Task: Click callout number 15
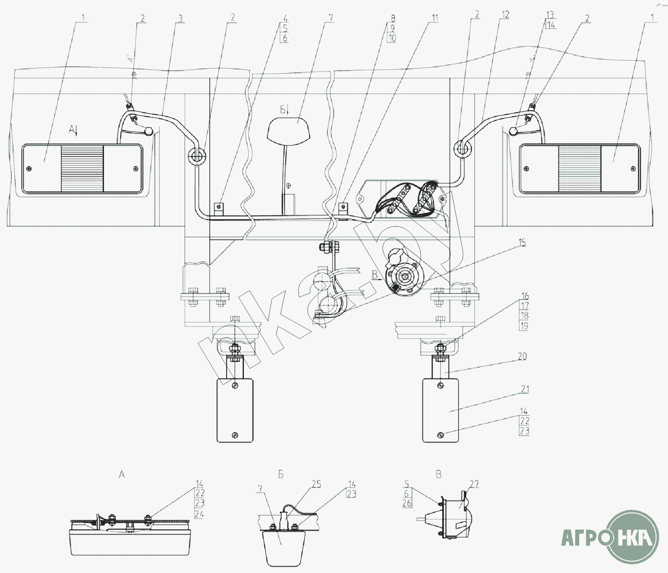[x=522, y=243]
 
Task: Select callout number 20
[x=522, y=356]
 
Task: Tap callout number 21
[x=525, y=389]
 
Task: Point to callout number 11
[x=435, y=18]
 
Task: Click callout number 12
[x=505, y=14]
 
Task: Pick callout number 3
[x=181, y=18]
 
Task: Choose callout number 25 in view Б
[x=316, y=484]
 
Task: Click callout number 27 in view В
[x=474, y=484]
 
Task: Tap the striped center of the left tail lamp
[x=82, y=169]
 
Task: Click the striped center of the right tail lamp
[x=580, y=169]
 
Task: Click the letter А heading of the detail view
[x=122, y=475]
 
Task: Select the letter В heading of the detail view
[x=438, y=475]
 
